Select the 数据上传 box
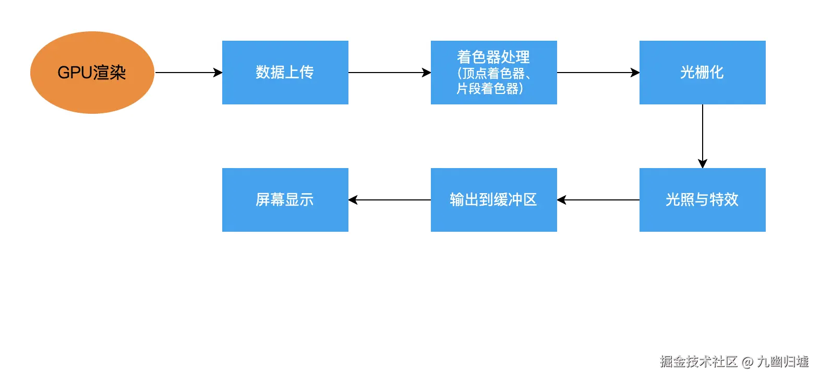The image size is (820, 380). [x=285, y=73]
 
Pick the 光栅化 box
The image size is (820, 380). [x=702, y=73]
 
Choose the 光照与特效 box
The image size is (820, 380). [x=702, y=200]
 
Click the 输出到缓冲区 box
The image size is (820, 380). [x=493, y=200]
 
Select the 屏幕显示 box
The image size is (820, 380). [x=285, y=200]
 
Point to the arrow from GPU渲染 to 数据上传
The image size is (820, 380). [x=188, y=73]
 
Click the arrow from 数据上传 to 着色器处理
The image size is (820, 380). [x=389, y=73]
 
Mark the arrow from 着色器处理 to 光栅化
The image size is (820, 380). [x=598, y=73]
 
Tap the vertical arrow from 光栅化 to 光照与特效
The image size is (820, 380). [x=703, y=136]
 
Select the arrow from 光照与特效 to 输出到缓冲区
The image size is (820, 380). [x=598, y=200]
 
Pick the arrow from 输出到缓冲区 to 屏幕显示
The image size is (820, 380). [x=390, y=200]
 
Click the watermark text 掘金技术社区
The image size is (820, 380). [x=698, y=362]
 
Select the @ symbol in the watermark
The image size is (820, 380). [x=747, y=362]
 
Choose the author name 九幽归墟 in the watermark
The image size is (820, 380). [x=782, y=362]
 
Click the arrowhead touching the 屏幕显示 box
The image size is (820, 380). [x=353, y=200]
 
